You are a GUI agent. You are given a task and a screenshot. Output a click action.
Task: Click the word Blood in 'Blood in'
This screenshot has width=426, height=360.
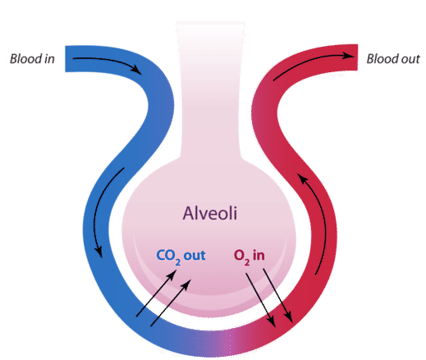[26, 59]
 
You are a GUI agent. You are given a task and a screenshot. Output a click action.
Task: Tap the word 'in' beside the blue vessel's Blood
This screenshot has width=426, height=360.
[49, 59]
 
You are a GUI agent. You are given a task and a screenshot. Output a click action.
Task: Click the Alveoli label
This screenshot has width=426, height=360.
[210, 213]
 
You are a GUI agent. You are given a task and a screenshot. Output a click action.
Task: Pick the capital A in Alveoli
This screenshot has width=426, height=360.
[188, 213]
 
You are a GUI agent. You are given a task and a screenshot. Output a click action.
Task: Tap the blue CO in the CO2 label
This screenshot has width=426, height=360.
[166, 255]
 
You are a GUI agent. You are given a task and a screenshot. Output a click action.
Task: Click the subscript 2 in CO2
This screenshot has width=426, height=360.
[178, 262]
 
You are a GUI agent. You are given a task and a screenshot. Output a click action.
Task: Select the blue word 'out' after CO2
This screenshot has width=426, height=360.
[195, 256]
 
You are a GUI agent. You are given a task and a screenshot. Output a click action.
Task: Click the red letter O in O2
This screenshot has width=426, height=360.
[239, 255]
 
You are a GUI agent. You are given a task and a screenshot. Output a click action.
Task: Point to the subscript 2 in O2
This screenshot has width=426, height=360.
[247, 262]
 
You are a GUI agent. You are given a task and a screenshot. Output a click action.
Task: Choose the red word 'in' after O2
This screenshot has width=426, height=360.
[259, 255]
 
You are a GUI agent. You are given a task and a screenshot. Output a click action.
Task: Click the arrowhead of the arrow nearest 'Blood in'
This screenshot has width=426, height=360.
[136, 69]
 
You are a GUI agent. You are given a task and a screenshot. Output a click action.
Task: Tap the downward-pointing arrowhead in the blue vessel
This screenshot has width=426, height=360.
[99, 252]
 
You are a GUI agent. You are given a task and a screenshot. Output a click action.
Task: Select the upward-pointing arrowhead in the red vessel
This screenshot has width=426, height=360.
[302, 179]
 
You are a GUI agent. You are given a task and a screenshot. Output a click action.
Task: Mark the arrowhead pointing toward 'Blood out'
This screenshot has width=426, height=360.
[349, 56]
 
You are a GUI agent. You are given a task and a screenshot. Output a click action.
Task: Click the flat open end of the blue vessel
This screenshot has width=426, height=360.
[66, 59]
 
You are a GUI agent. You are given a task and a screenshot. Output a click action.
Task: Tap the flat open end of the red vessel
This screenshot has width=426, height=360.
[357, 57]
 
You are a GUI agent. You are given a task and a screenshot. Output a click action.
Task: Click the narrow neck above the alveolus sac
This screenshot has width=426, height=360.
[211, 90]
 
